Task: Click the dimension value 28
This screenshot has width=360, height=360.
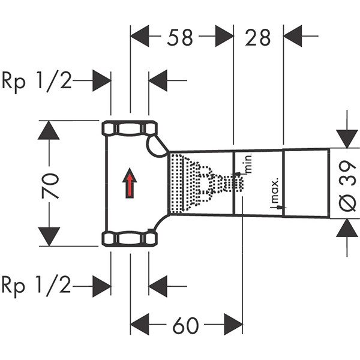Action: [x=257, y=37]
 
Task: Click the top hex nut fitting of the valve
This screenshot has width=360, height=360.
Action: [x=130, y=128]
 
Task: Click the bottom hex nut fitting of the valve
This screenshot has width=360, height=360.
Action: [x=130, y=239]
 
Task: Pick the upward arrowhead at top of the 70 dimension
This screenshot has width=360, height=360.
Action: [x=49, y=130]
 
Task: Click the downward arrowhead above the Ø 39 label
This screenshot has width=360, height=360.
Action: [x=347, y=137]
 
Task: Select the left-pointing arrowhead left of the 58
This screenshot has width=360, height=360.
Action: [x=140, y=37]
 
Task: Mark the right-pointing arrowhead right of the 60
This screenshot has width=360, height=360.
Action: [x=233, y=325]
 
